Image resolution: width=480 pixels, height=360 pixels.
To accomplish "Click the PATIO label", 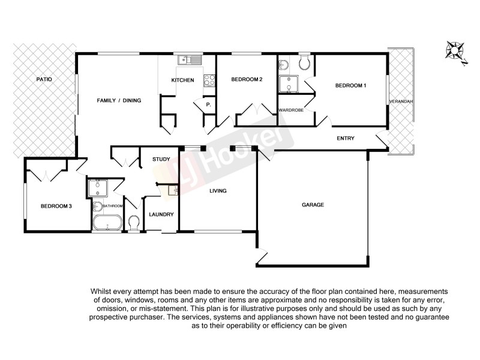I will [x=44, y=79].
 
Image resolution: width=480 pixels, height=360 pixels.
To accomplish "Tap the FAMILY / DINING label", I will [x=119, y=100].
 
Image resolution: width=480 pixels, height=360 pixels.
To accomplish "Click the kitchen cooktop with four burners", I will [x=210, y=80].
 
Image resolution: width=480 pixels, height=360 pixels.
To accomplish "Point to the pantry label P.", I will [x=208, y=105].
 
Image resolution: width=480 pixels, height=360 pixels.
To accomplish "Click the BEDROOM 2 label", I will [x=247, y=79].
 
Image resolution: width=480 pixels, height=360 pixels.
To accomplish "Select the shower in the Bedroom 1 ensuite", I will [x=289, y=85].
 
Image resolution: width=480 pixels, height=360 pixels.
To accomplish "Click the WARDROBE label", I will [x=290, y=110].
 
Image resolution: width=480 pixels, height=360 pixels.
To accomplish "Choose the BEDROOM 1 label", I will [x=350, y=86].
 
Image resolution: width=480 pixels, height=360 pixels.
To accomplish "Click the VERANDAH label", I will [x=401, y=102].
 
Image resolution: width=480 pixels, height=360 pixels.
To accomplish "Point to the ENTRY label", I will [x=346, y=139].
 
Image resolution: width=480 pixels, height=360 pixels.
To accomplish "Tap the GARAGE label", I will [x=313, y=205].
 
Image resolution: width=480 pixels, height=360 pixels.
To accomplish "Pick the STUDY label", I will [x=161, y=159].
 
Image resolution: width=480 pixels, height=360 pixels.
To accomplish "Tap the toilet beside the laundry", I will [x=134, y=224].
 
